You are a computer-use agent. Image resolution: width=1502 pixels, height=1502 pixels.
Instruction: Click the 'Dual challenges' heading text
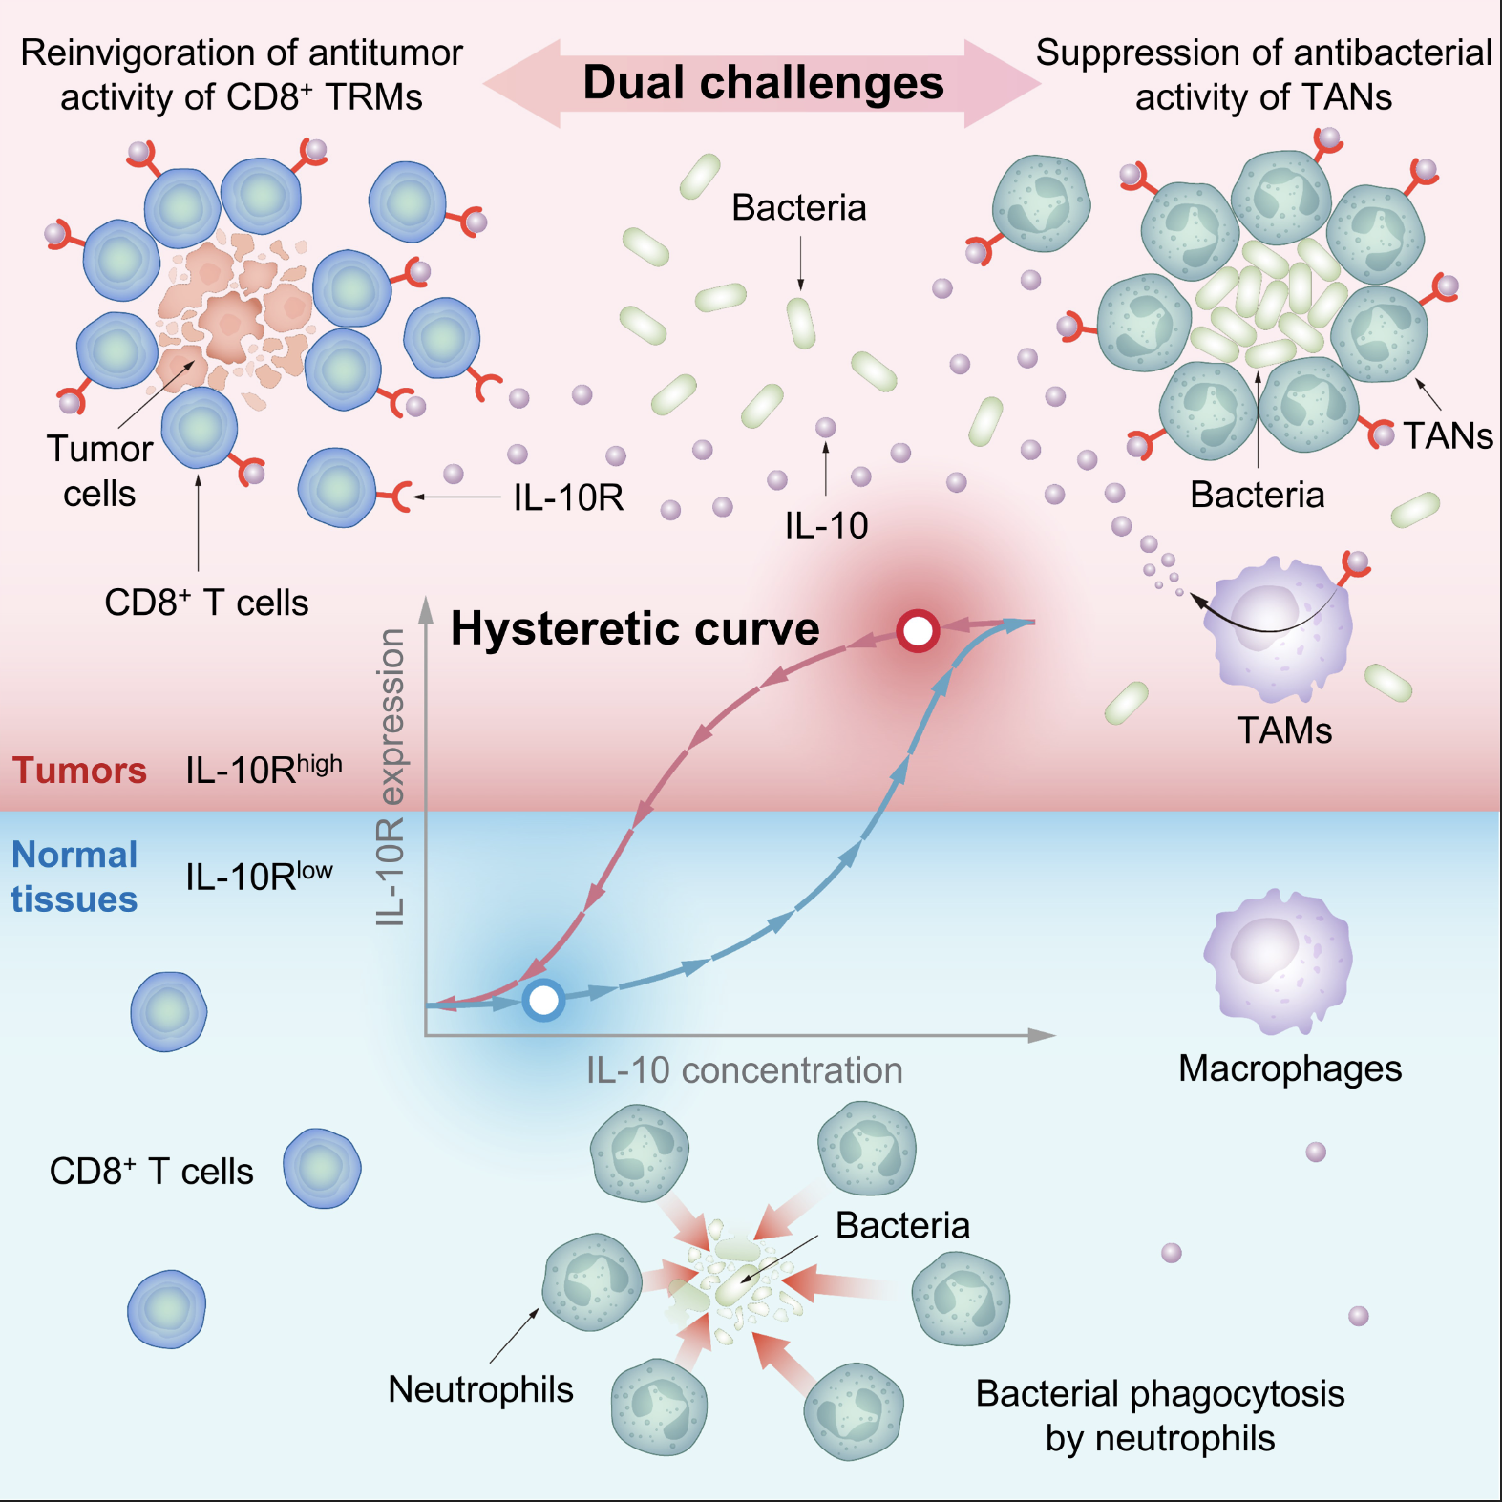click(763, 83)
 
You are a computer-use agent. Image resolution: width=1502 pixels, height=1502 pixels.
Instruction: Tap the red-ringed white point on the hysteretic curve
click(918, 631)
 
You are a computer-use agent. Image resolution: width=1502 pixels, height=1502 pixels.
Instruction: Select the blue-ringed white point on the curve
click(543, 1000)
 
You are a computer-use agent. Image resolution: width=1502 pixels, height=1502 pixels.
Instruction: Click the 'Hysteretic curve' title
click(635, 629)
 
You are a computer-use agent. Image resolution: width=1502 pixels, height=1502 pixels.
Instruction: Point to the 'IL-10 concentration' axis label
click(744, 1070)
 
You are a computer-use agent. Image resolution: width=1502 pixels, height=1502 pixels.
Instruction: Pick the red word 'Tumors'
click(79, 771)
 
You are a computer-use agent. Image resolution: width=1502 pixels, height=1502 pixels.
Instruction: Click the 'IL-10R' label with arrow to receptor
click(568, 497)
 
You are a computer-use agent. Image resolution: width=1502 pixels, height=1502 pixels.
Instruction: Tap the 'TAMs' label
click(1284, 730)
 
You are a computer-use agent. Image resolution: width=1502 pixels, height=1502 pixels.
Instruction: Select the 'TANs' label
click(1448, 436)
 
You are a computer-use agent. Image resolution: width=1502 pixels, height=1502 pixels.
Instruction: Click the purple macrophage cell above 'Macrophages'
click(1278, 961)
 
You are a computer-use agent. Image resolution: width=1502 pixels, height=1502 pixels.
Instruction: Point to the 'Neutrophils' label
click(480, 1389)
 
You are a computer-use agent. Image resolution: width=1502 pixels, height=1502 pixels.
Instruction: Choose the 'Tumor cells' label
click(99, 471)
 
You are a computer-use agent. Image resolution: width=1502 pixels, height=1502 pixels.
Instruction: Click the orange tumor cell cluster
click(234, 310)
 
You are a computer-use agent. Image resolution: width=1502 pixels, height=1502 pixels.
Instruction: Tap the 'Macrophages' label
click(1290, 1068)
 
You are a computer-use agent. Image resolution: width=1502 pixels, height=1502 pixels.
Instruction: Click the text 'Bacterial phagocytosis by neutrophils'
click(1160, 1416)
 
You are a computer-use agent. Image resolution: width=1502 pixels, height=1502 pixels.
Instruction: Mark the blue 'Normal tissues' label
click(74, 877)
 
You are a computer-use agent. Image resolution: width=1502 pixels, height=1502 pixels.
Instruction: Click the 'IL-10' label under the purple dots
click(826, 525)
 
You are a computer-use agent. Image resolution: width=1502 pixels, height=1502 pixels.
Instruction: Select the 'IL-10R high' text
click(264, 769)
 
